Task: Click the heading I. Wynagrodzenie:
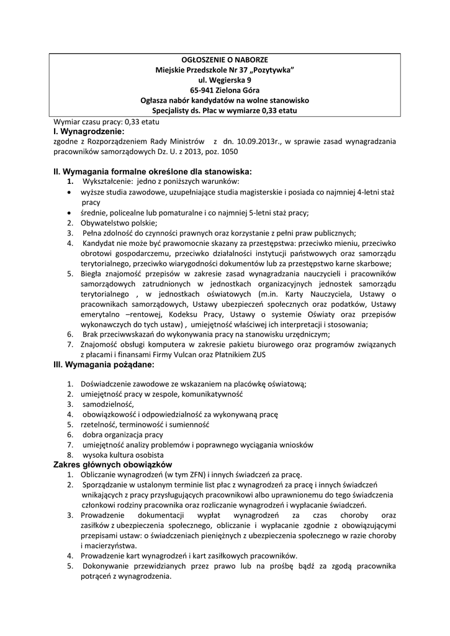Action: click(89, 132)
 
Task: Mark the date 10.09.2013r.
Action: click(256, 142)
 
